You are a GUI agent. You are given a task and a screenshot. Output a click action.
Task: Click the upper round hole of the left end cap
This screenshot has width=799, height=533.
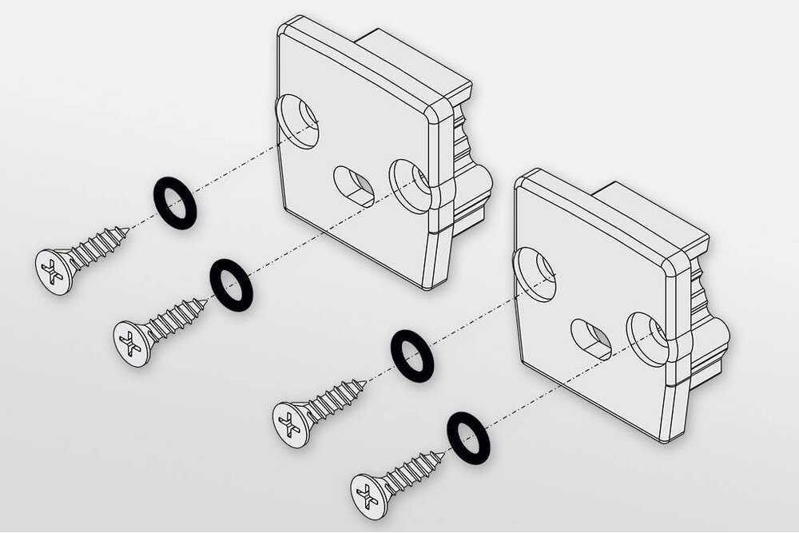coord(297,122)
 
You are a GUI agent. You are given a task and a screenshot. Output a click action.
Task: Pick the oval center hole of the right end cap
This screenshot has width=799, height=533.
coord(590,338)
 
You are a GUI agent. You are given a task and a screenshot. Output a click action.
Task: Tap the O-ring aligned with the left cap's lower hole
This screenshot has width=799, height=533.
coord(231,284)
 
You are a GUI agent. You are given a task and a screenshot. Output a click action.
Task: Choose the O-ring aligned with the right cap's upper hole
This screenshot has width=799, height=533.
coord(412,354)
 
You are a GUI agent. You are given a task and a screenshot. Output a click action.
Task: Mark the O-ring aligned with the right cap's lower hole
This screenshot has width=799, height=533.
coord(468,437)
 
